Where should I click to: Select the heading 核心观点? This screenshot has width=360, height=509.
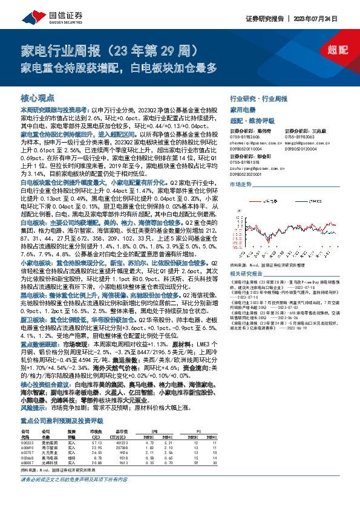tap(36, 97)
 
